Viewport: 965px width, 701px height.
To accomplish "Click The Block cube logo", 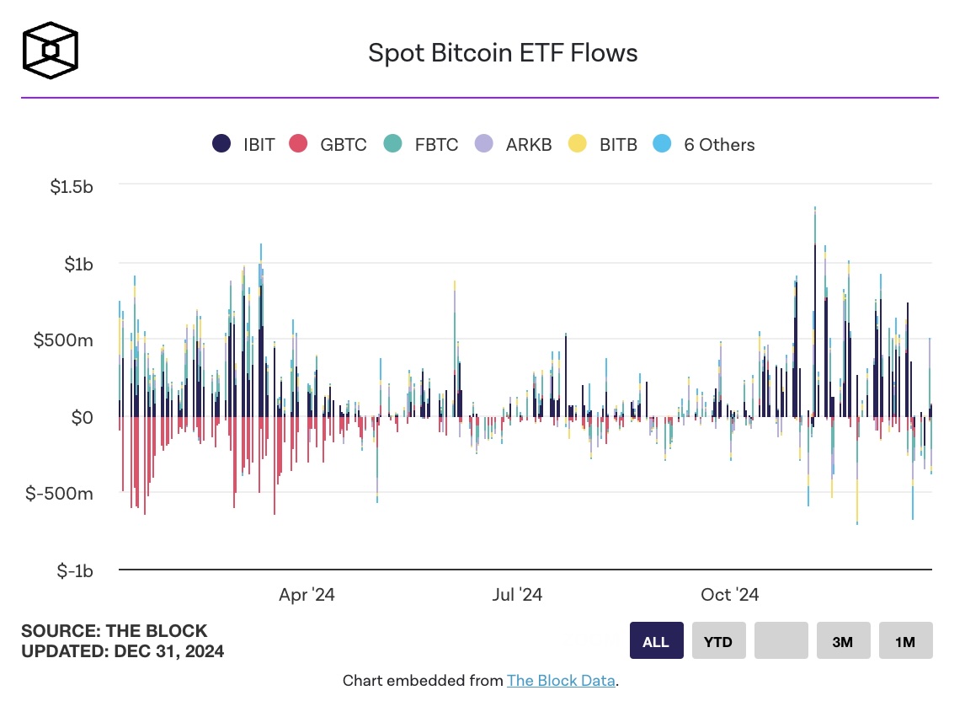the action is [51, 51].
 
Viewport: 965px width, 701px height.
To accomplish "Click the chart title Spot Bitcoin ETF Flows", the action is [503, 53].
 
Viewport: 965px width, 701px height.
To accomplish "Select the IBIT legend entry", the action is [243, 144].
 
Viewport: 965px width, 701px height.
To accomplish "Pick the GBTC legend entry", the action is [328, 144].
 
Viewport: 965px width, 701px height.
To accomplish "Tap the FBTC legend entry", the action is [421, 144].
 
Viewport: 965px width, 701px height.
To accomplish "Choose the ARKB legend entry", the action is [514, 144].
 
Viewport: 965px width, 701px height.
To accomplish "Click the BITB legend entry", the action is [603, 144].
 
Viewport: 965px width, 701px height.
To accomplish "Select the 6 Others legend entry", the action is [704, 144].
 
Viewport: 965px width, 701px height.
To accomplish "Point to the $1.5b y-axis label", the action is [72, 187].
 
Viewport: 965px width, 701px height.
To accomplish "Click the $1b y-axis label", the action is [79, 265].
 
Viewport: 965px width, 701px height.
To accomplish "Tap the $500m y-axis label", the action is [63, 340].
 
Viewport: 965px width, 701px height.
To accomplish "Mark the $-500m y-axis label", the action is [59, 494].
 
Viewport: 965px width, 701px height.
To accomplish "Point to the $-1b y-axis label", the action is [75, 571].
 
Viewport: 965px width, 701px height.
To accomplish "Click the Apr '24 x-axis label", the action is [307, 595].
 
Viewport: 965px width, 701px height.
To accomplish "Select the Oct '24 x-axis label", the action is [730, 595].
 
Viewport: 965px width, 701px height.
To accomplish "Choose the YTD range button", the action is [719, 640].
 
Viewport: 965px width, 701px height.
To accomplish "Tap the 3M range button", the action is [843, 640].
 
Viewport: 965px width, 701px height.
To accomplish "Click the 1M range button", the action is [905, 640].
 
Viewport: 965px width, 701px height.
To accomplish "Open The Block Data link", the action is [561, 681].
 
